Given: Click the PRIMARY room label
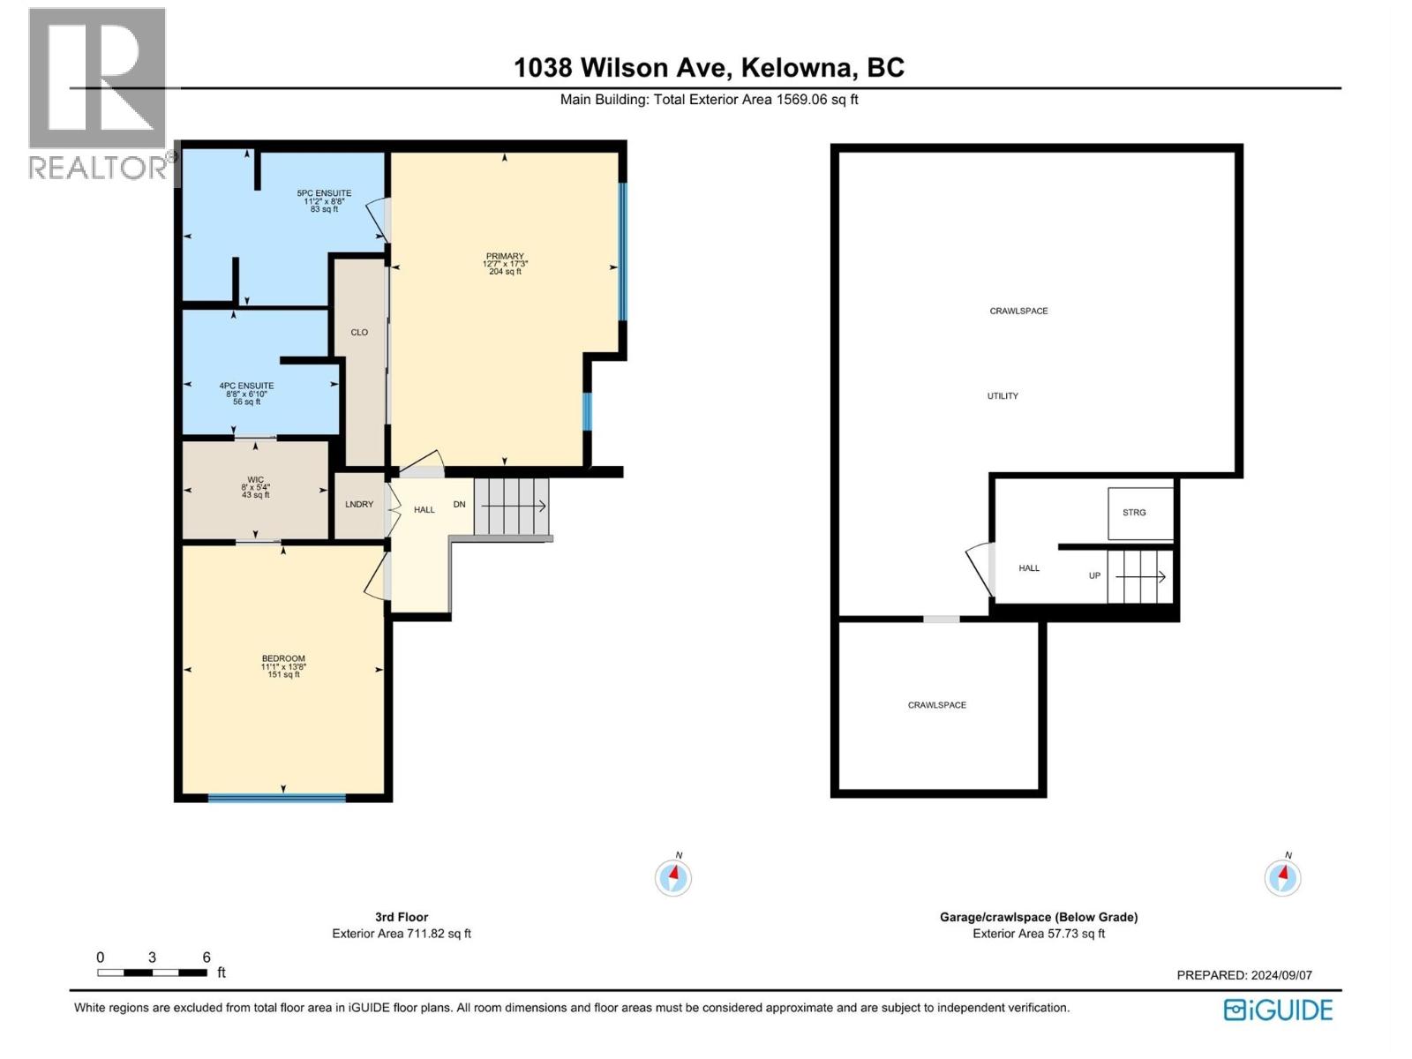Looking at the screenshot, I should (505, 257).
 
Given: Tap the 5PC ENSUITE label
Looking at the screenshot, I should (324, 193).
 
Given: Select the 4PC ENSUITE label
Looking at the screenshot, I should (246, 386).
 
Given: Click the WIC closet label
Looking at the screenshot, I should (255, 480).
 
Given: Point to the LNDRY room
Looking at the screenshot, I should (359, 505).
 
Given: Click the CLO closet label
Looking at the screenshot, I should (359, 333).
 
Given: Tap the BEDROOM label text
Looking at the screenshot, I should (283, 658).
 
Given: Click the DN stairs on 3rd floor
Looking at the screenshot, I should (511, 506).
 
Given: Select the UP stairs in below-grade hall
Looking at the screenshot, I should (1139, 576).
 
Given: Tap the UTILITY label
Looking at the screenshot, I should (1003, 396).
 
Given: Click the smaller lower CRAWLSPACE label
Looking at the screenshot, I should (937, 705).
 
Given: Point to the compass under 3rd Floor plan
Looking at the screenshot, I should (673, 877).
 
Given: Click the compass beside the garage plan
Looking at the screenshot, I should (1282, 877).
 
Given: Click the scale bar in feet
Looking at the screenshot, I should (153, 973).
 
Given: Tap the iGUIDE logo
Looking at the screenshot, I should (1278, 1010).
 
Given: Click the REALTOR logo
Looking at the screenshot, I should (98, 92).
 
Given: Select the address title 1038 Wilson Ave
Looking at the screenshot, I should (709, 68).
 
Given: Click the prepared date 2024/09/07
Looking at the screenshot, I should (1244, 975).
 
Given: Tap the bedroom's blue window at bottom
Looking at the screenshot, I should (276, 798).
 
